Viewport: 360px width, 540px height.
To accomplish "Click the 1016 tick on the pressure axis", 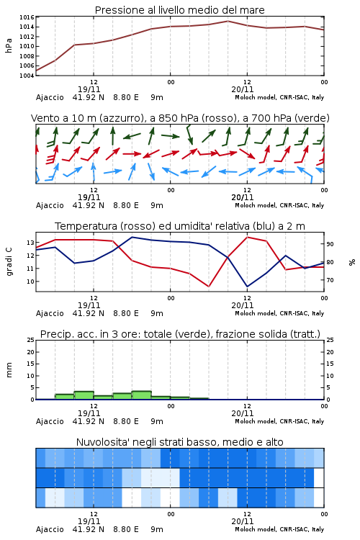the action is pos(27,17).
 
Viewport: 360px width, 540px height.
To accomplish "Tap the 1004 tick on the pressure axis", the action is pos(27,76).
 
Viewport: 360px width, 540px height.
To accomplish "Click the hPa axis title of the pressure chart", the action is pos(9,46).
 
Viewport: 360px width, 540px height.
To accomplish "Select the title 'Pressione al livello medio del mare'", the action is pos(180,10).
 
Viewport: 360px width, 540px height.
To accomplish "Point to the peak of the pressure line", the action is pos(228,21).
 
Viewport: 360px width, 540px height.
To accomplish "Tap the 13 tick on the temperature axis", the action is pos(30,243).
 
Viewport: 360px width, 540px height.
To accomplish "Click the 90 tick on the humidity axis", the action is pos(330,244).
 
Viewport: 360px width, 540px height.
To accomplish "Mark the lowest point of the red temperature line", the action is pos(208,287).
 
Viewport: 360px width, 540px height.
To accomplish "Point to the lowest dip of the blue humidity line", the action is pos(247,287).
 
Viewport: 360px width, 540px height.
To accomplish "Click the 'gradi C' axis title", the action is pos(9,261).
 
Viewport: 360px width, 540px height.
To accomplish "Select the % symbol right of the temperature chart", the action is pos(352,262).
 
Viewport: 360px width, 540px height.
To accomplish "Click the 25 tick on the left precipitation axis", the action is pos(30,341).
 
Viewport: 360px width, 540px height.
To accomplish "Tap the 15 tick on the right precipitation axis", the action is pos(330,364).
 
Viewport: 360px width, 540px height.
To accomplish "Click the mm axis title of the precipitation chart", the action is pos(9,370).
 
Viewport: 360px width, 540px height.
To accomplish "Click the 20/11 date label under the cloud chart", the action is pos(243,521).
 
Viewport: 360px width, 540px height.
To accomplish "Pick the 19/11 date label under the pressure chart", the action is pos(89,89).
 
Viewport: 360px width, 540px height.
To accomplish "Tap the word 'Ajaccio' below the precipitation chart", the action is pos(50,421).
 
